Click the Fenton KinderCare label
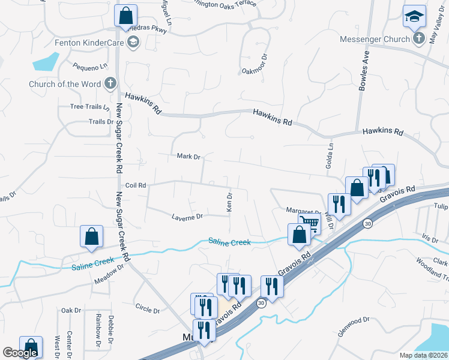[x=89, y=43]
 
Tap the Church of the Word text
[x=65, y=84]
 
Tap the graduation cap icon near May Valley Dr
[x=415, y=17]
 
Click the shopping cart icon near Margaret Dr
[x=309, y=224]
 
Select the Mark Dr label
[x=188, y=157]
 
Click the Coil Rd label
[x=136, y=185]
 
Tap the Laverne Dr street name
[x=187, y=217]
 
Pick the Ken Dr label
[x=229, y=202]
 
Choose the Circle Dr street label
[x=148, y=311]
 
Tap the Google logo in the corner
[x=20, y=352]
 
